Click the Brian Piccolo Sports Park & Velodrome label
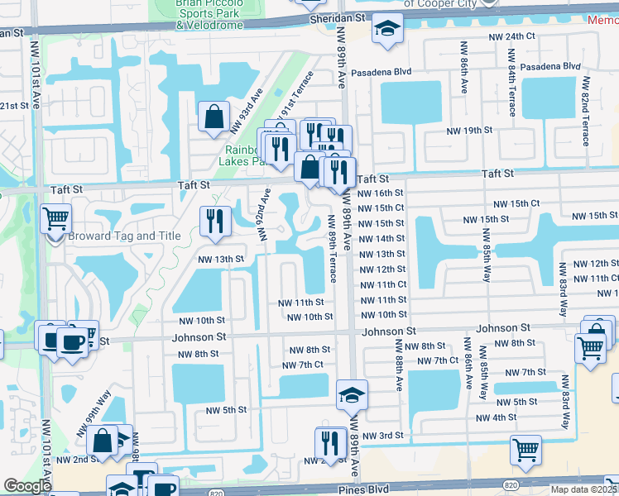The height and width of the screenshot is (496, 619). point(209,15)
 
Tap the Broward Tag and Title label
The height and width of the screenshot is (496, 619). point(124,236)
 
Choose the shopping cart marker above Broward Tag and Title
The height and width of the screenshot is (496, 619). point(56,219)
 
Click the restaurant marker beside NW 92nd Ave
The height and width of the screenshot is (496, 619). point(214,222)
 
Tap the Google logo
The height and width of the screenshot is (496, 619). point(27,486)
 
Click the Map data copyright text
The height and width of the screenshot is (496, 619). point(584,489)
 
